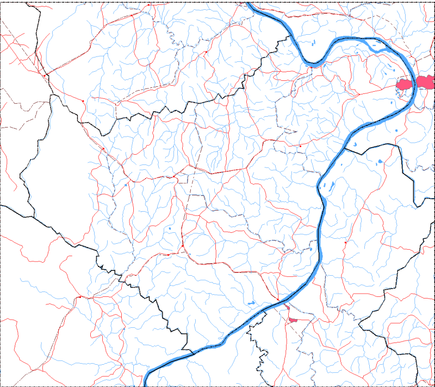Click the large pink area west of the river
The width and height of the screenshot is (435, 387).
[405, 84]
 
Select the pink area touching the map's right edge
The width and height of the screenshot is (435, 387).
[427, 82]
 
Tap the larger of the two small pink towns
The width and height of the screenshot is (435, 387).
[294, 321]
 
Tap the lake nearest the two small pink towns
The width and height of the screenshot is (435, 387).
[251, 303]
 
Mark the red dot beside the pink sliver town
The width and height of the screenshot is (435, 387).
[278, 300]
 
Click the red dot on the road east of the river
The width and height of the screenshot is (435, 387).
[345, 243]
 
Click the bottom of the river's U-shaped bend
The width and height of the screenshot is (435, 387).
[314, 65]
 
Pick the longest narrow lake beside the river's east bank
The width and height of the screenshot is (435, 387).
[328, 186]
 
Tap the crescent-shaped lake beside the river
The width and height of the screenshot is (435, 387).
[353, 145]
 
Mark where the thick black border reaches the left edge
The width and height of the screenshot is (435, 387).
[2, 205]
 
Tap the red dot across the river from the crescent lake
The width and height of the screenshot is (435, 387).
[300, 146]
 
